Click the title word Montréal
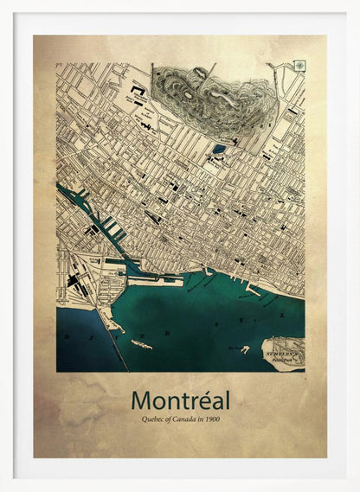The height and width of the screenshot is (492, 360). pos(180,400)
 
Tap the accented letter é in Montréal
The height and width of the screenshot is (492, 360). pos(203,400)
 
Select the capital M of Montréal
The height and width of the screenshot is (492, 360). pos(141,400)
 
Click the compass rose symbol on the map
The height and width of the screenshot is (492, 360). pos(299,66)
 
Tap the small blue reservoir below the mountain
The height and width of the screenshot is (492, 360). pos(219,148)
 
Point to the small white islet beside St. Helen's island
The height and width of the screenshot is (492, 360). pos(246,349)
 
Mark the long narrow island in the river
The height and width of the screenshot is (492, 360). pos(141,344)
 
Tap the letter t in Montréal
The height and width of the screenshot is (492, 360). pos(185,400)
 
